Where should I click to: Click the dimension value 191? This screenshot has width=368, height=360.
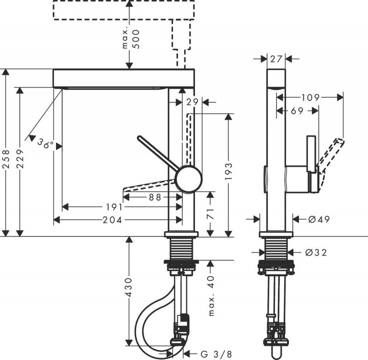pyautogui.click(x=113, y=207)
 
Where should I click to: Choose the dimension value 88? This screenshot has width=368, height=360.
pyautogui.click(x=155, y=197)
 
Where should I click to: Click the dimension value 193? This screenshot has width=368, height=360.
pyautogui.click(x=229, y=171)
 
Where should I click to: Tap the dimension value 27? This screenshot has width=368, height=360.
pyautogui.click(x=276, y=59)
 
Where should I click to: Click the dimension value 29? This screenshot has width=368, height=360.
pyautogui.click(x=192, y=102)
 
